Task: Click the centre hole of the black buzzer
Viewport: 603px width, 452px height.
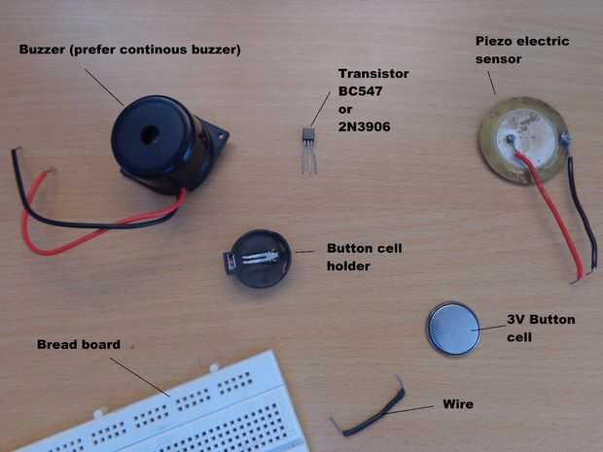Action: tap(150, 135)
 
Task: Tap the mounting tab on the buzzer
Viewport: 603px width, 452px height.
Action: tap(217, 136)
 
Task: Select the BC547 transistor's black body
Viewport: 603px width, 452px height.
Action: tap(308, 134)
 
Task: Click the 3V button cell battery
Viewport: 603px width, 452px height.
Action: tap(454, 329)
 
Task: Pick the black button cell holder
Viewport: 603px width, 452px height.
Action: tap(258, 259)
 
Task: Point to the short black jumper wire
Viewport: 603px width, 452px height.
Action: tap(368, 411)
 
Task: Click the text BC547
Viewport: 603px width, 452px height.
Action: tap(360, 91)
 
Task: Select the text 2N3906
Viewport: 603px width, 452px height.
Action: tap(364, 126)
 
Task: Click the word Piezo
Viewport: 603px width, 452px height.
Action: tap(494, 41)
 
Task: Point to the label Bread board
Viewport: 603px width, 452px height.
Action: tap(79, 344)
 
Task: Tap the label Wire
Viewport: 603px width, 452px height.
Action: tap(458, 404)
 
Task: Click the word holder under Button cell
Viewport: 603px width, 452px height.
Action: tap(348, 266)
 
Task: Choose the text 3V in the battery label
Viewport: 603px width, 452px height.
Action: tap(515, 320)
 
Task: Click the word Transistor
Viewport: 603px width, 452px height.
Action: tap(373, 74)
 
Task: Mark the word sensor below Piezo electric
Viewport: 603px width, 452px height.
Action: tap(498, 59)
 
